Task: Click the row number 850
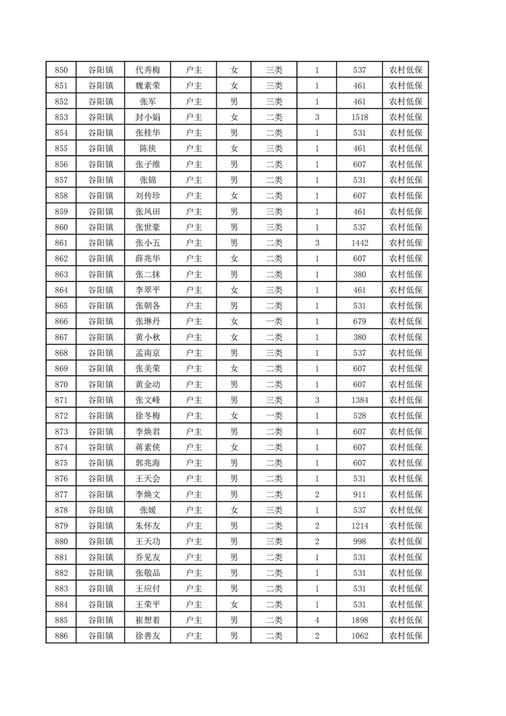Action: click(x=61, y=70)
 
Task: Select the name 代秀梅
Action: click(x=148, y=70)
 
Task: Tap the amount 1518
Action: click(x=359, y=117)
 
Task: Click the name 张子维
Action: click(x=148, y=165)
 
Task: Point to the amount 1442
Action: click(x=359, y=243)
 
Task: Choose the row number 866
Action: click(x=61, y=322)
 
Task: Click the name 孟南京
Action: click(x=148, y=353)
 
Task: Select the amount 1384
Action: click(x=359, y=400)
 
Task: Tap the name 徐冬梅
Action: click(x=148, y=416)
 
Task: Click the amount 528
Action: click(x=359, y=416)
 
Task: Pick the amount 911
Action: click(x=359, y=495)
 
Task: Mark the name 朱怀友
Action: click(x=148, y=526)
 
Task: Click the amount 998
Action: click(x=359, y=542)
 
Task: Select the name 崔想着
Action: click(x=148, y=620)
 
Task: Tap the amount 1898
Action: click(x=359, y=620)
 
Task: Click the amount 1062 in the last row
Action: click(x=359, y=636)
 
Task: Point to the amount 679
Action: click(x=359, y=322)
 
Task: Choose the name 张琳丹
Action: click(x=148, y=322)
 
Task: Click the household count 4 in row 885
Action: click(x=317, y=620)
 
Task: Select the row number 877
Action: click(x=61, y=495)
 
